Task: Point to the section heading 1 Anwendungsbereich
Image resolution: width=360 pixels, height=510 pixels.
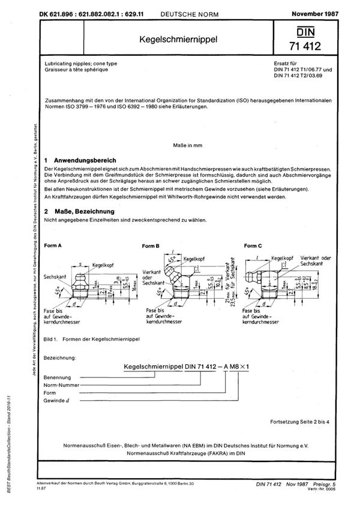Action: pos(81,161)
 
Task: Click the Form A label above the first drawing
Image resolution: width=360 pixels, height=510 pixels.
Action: pos(55,247)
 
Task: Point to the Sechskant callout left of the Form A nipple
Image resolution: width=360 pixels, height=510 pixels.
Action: pos(56,277)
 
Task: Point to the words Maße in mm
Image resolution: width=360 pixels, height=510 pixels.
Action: pos(180,144)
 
